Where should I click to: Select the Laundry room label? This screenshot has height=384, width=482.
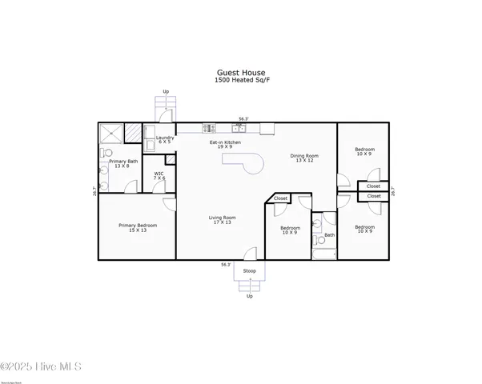click(165, 139)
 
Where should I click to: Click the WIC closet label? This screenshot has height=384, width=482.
click(159, 174)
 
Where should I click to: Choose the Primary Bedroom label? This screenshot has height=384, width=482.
click(138, 228)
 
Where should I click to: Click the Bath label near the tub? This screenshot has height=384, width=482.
click(330, 235)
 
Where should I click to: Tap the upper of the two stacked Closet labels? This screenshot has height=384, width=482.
click(374, 186)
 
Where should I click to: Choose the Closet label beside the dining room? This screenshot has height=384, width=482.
click(280, 198)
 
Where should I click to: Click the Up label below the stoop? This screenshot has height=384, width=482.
click(249, 296)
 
